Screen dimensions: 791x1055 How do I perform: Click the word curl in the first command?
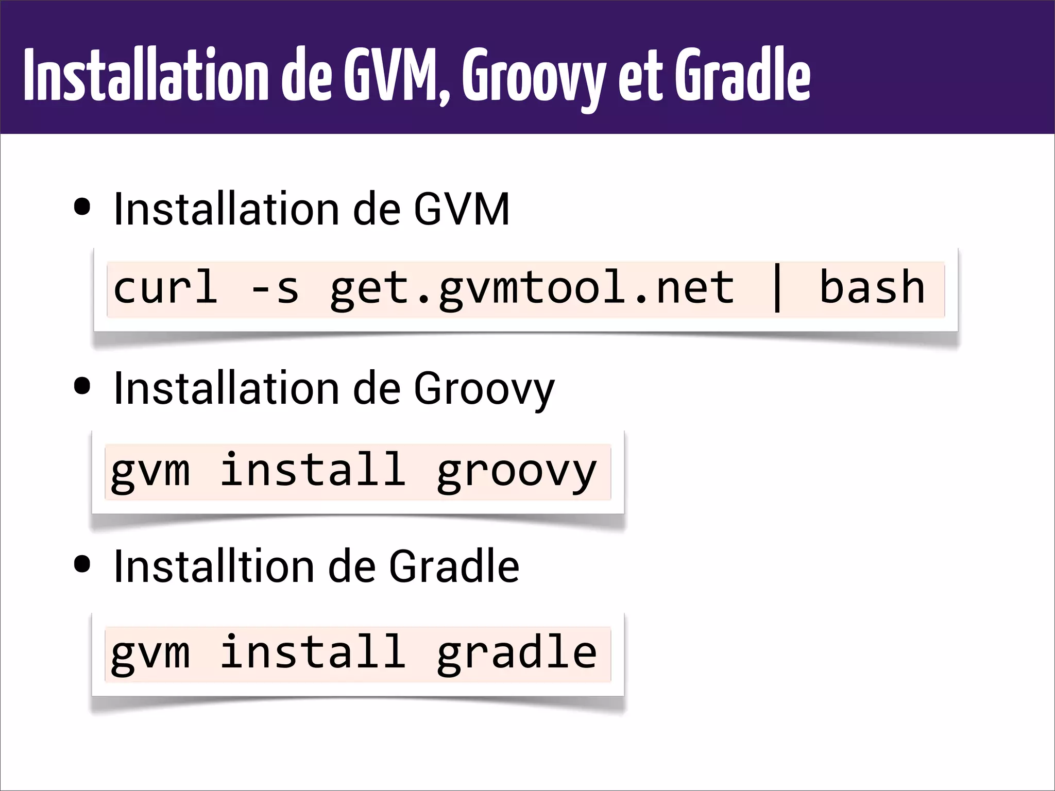point(165,287)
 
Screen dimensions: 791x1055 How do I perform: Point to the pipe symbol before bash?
point(777,288)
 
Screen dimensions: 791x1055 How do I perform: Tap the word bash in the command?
point(872,287)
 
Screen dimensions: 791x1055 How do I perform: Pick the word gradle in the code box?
point(516,653)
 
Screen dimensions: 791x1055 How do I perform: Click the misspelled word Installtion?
point(214,566)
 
